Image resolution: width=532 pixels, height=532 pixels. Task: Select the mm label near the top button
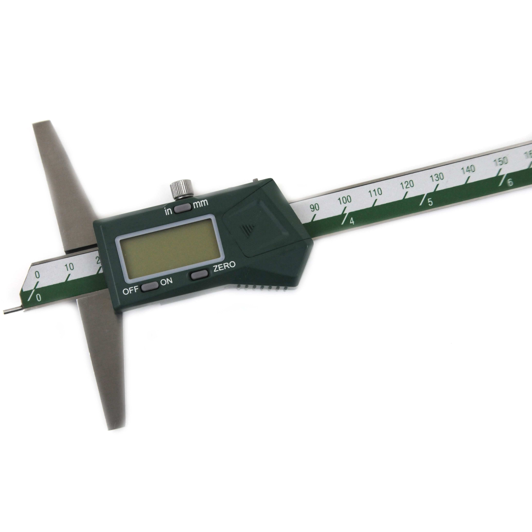click(x=201, y=203)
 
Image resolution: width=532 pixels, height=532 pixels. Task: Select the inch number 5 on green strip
click(x=430, y=202)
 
